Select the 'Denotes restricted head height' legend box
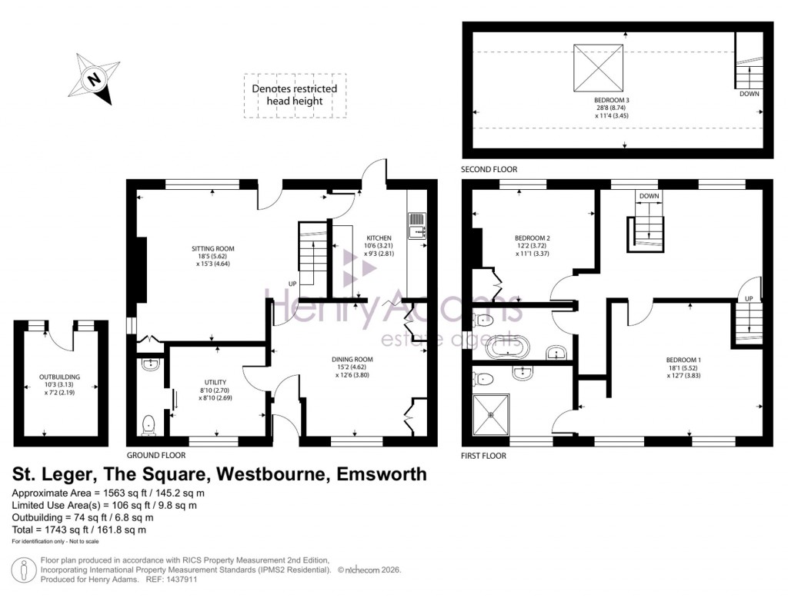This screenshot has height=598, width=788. (295, 95)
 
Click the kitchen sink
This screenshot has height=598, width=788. (417, 228)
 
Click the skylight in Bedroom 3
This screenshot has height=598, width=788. (598, 66)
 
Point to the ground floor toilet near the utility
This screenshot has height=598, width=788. (149, 422)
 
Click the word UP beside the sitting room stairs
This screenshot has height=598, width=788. (292, 284)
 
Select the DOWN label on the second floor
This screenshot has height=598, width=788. (749, 94)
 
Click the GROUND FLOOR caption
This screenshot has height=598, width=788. (157, 455)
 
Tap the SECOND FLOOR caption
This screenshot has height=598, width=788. (489, 169)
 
